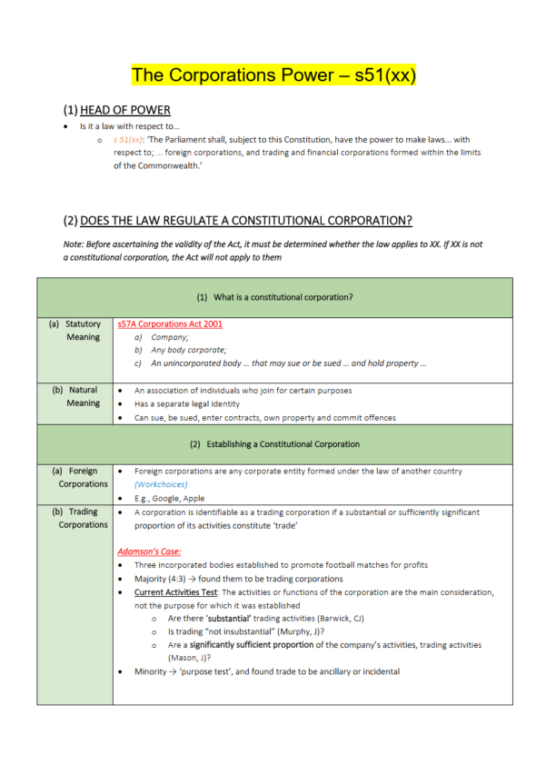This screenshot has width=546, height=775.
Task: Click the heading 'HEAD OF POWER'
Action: click(125, 112)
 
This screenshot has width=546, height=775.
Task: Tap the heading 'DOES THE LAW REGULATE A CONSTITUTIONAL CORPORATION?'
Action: click(246, 221)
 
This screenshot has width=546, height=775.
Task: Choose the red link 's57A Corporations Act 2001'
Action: click(170, 323)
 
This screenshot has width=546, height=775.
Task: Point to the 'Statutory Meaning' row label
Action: click(75, 330)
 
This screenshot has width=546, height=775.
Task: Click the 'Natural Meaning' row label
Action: click(75, 397)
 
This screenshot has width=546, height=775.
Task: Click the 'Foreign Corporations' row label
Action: click(75, 478)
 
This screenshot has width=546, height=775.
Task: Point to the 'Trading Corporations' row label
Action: click(75, 519)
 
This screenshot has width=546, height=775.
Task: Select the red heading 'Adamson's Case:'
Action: click(149, 551)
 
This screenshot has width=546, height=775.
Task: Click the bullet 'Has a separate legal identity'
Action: click(190, 404)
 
